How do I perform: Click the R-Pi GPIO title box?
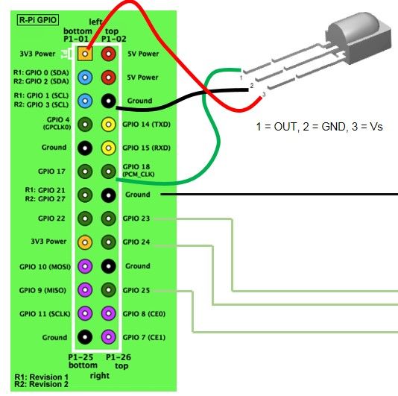(38, 20)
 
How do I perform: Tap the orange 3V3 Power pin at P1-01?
(85, 54)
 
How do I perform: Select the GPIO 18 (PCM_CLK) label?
(139, 170)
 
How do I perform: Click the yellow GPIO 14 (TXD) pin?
(108, 125)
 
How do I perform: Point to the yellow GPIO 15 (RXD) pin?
(108, 148)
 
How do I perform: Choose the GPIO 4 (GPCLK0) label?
(57, 123)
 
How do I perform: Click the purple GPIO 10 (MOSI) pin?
(85, 266)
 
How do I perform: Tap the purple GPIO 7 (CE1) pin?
(108, 337)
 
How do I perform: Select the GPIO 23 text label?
(136, 219)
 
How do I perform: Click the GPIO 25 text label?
(136, 290)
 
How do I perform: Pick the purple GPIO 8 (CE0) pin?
(108, 313)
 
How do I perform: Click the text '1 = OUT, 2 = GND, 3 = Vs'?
(320, 127)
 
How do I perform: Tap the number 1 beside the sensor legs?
(241, 78)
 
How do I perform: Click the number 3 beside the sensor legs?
(264, 94)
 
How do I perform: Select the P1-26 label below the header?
(119, 357)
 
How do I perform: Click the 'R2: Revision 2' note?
(42, 384)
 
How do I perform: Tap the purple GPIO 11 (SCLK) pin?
(85, 313)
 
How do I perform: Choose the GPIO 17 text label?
(51, 172)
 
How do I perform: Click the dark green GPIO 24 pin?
(108, 242)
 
